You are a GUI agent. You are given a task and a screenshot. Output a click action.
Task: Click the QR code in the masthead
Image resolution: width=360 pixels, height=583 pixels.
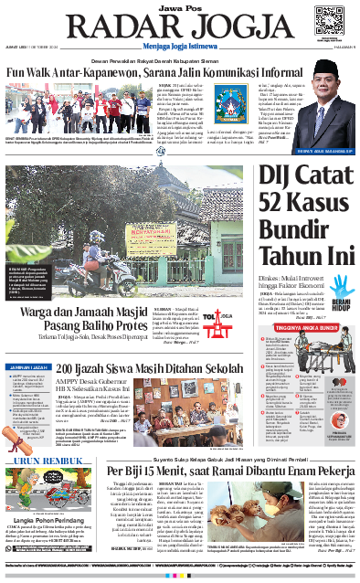(328, 18)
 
